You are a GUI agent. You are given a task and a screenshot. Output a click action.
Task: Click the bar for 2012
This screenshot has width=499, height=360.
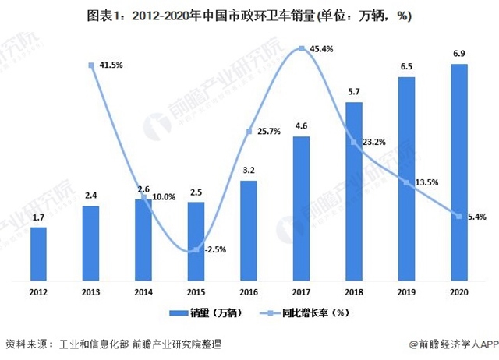pyautogui.click(x=37, y=253)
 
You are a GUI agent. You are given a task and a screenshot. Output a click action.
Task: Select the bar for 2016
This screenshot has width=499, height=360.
pyautogui.click(x=249, y=230)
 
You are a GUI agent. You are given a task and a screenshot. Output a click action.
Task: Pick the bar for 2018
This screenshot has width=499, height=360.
pyautogui.click(x=354, y=190)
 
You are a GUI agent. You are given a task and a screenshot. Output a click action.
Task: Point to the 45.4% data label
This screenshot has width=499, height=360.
pyautogui.click(x=323, y=49)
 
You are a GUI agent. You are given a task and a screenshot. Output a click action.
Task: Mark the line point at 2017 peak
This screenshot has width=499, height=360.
pyautogui.click(x=301, y=49)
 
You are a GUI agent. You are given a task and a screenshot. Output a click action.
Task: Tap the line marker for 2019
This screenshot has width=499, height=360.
pyautogui.click(x=406, y=182)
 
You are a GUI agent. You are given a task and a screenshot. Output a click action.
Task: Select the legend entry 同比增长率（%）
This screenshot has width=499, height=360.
pyautogui.click(x=307, y=313)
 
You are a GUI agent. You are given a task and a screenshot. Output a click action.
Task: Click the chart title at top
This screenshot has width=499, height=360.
pyautogui.click(x=249, y=15)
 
